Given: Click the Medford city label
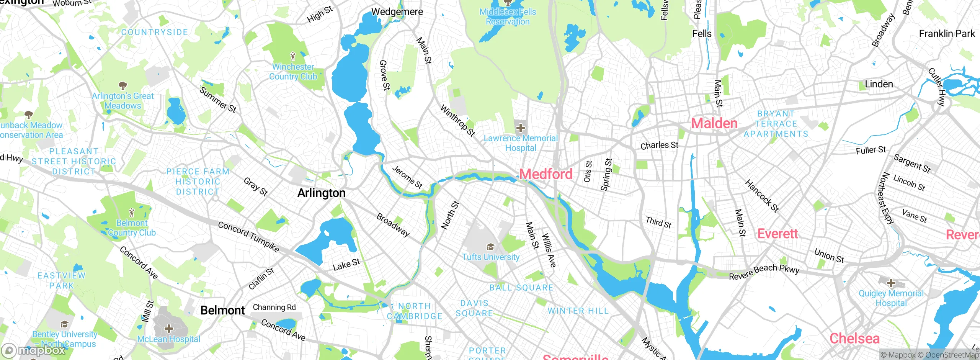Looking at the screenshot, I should (x=546, y=174).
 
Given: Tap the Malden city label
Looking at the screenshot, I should (x=714, y=123).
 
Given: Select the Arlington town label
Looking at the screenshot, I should (x=321, y=193).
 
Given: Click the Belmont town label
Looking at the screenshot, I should (x=222, y=310).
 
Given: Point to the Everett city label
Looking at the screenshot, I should (x=777, y=234).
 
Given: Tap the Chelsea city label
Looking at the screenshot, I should (x=854, y=339).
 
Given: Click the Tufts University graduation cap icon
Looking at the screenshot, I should (x=490, y=247).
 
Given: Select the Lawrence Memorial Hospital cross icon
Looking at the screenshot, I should (x=520, y=128).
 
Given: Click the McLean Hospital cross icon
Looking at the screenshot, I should (x=168, y=329).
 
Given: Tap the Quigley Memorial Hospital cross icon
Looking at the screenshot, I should (x=891, y=283).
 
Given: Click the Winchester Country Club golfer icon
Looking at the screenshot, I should (x=293, y=57).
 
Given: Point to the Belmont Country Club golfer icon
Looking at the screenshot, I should (x=132, y=213).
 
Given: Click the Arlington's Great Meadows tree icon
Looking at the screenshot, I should (x=122, y=85).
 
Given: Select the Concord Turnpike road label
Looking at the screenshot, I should (x=248, y=236).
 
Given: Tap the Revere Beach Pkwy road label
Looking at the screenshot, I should (x=764, y=272).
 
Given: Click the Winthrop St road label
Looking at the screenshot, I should (x=457, y=121).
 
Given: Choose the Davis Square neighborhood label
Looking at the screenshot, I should (x=474, y=308).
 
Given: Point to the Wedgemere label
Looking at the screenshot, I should (x=397, y=12).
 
